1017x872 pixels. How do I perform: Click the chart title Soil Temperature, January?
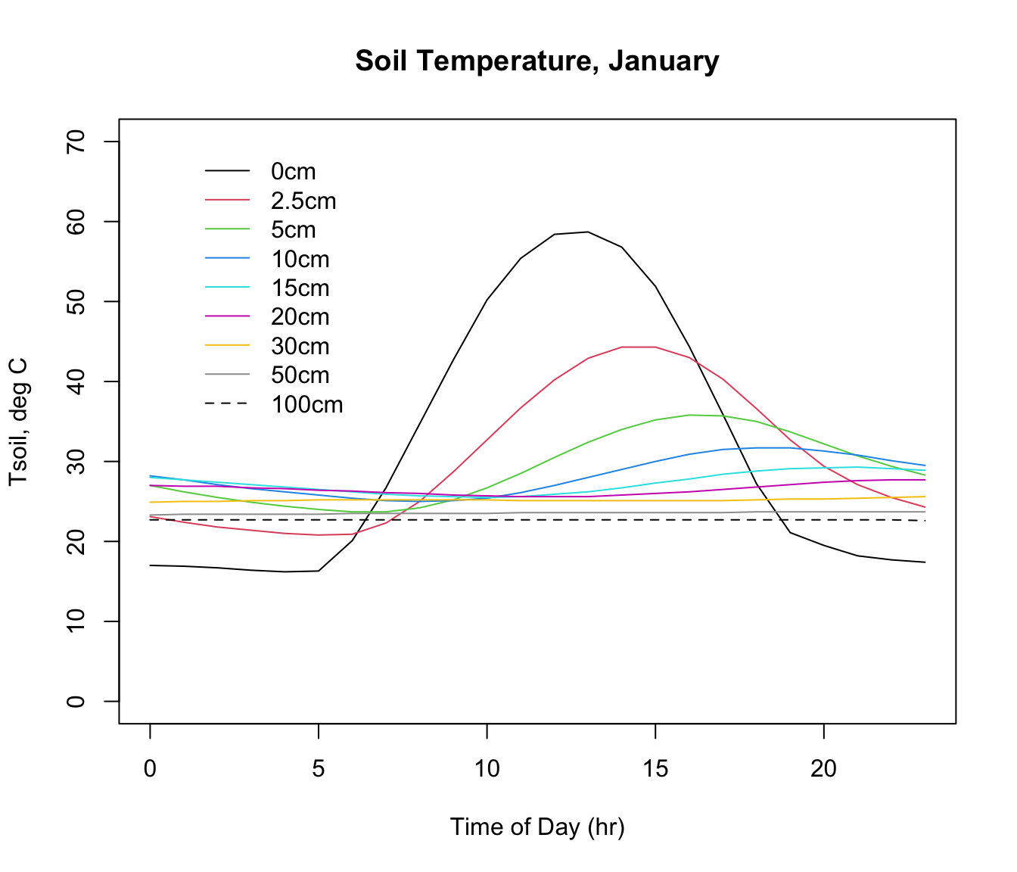click(536, 61)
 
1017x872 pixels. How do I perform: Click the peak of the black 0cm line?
click(587, 232)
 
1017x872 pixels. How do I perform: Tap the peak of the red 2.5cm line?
click(638, 347)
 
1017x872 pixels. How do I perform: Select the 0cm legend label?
click(293, 172)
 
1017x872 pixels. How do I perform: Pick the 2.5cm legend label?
click(303, 201)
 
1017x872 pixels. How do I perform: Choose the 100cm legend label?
click(306, 405)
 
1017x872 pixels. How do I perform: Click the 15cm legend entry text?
click(300, 288)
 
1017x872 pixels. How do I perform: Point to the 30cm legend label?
click(300, 347)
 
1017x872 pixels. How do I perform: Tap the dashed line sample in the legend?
click(227, 404)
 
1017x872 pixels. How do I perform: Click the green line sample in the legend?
click(227, 230)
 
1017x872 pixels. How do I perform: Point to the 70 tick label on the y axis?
click(76, 142)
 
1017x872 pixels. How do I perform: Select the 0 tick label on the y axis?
click(76, 702)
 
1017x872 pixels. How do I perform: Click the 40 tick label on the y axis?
click(76, 381)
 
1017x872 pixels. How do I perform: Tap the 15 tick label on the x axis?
click(655, 769)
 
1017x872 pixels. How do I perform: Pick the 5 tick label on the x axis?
click(319, 769)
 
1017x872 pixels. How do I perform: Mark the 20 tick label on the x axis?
click(823, 769)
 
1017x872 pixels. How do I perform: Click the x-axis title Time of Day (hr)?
click(537, 827)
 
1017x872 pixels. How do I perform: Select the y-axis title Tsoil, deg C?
click(18, 421)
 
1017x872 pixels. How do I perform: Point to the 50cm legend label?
click(300, 375)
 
